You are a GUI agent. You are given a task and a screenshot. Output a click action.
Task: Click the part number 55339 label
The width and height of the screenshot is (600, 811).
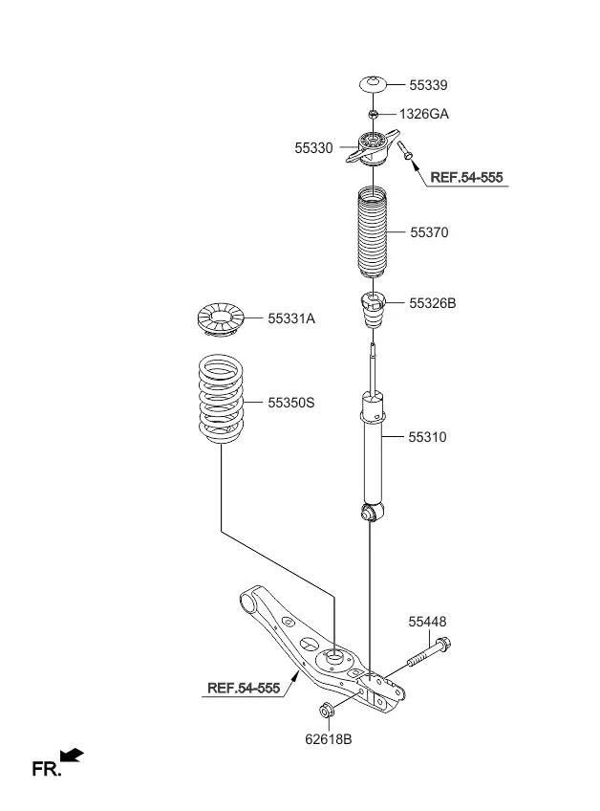pyautogui.click(x=428, y=85)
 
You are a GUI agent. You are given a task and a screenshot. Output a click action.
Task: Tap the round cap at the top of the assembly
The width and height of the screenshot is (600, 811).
pyautogui.click(x=373, y=84)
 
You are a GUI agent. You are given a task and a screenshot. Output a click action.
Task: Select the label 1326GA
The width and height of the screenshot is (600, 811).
pyautogui.click(x=424, y=114)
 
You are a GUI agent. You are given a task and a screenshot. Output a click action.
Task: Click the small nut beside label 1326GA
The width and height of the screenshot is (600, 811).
pyautogui.click(x=373, y=114)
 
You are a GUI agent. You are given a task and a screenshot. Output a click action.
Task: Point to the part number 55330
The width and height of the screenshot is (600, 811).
pyautogui.click(x=313, y=148)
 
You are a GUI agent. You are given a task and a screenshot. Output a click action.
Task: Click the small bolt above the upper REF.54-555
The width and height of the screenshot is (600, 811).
pyautogui.click(x=405, y=150)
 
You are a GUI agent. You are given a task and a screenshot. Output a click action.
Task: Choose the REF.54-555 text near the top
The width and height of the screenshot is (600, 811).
pyautogui.click(x=466, y=178)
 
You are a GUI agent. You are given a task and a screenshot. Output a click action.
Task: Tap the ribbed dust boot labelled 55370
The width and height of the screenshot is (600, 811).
pyautogui.click(x=373, y=232)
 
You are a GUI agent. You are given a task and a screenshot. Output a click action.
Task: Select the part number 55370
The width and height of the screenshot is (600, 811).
pyautogui.click(x=429, y=232)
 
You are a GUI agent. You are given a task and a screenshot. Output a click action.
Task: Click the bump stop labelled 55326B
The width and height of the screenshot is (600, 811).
pyautogui.click(x=373, y=310)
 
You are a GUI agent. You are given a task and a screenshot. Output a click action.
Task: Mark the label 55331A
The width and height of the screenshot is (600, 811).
pyautogui.click(x=291, y=318)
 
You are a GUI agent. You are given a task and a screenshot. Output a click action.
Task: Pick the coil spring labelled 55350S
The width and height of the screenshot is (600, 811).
pyautogui.click(x=222, y=399)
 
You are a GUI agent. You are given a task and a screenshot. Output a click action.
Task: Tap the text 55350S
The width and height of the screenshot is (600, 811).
pyautogui.click(x=291, y=403)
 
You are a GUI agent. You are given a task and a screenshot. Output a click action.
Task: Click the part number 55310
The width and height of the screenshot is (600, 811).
pyautogui.click(x=427, y=437)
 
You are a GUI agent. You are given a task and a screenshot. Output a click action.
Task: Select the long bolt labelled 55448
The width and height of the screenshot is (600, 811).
pyautogui.click(x=429, y=653)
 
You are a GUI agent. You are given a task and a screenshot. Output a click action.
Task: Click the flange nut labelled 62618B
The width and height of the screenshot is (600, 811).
pyautogui.click(x=327, y=711)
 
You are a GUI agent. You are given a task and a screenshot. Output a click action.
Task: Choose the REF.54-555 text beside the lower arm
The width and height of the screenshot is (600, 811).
pyautogui.click(x=244, y=688)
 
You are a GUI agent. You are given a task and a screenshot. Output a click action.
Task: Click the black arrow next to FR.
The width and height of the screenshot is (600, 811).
pyautogui.click(x=72, y=755)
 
